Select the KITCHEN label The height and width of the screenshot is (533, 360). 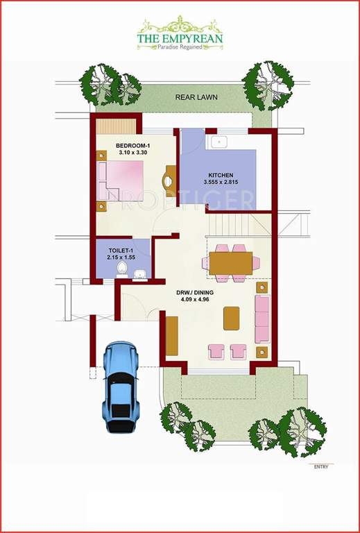pyautogui.click(x=221, y=175)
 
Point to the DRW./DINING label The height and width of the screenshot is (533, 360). pyautogui.click(x=194, y=294)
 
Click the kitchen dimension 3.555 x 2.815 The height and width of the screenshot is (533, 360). pyautogui.click(x=221, y=183)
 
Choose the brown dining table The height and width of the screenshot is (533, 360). pyautogui.click(x=230, y=263)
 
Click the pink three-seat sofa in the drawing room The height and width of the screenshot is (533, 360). pyautogui.click(x=263, y=319)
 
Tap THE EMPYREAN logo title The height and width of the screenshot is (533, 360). pyautogui.click(x=180, y=40)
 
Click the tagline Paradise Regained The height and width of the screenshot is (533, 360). pyautogui.click(x=180, y=49)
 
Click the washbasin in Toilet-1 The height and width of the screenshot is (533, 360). pyautogui.click(x=140, y=273)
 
